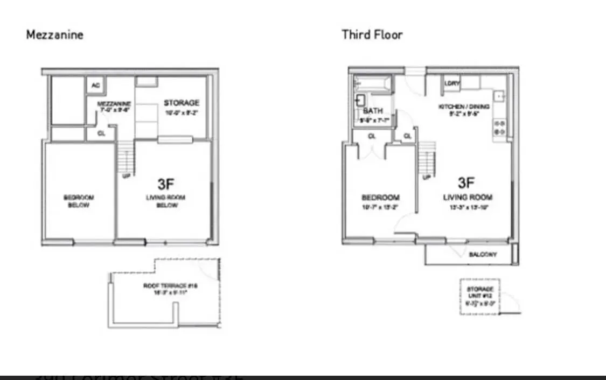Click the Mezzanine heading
54,35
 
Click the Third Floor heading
372,35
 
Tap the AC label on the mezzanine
95,85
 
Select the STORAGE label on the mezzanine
182,103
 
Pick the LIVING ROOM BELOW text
165,201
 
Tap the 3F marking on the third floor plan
466,182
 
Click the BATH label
373,110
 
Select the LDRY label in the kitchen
451,83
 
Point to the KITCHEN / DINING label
464,107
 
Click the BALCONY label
483,254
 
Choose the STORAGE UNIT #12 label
480,292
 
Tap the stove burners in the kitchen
499,127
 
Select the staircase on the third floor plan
427,159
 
